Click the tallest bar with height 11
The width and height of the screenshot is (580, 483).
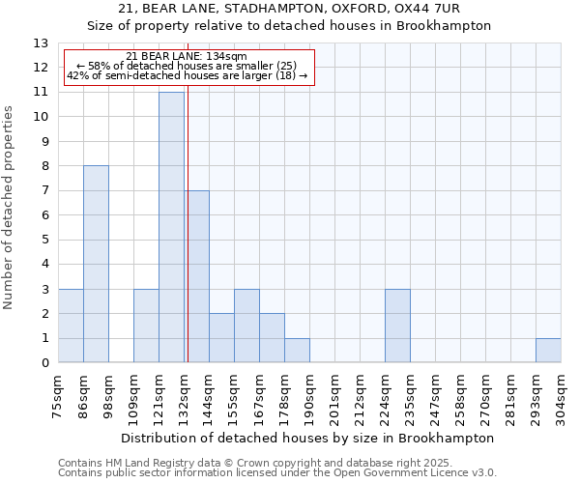coord(171,227)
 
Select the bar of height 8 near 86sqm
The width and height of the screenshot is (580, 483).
coord(96,264)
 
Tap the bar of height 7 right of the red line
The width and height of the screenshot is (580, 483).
coord(197,276)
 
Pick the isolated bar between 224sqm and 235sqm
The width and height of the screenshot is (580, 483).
coord(397,326)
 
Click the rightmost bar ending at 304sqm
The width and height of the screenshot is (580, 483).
coord(548,351)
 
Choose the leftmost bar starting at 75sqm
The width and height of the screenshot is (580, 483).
coord(71,326)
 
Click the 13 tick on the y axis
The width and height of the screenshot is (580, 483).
coord(41,43)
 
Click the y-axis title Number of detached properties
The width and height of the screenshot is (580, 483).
coord(10,208)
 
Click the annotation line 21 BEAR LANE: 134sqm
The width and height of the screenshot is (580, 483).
coord(187,57)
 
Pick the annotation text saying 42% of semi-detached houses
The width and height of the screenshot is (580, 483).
coord(187,75)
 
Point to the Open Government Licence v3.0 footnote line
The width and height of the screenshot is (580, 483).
coord(277,472)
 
